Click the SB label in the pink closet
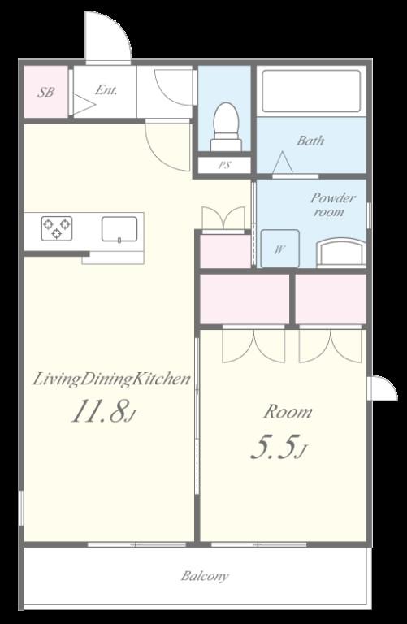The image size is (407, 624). [45, 92]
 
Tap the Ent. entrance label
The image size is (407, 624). [106, 90]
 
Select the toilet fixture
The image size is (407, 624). [226, 127]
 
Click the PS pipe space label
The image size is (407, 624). [225, 165]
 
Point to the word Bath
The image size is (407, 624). [310, 141]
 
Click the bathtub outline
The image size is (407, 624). [311, 92]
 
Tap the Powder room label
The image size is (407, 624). [332, 205]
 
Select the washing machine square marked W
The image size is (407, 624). [280, 249]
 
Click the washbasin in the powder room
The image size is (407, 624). [341, 253]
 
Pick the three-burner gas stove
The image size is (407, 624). [57, 228]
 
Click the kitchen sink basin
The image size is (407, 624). [119, 229]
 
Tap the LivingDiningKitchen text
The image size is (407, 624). [111, 379]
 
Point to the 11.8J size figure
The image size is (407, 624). [104, 410]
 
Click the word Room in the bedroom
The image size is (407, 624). [288, 411]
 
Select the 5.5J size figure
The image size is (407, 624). [279, 448]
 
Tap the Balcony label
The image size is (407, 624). [205, 576]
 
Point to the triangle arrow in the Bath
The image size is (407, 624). [283, 162]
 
